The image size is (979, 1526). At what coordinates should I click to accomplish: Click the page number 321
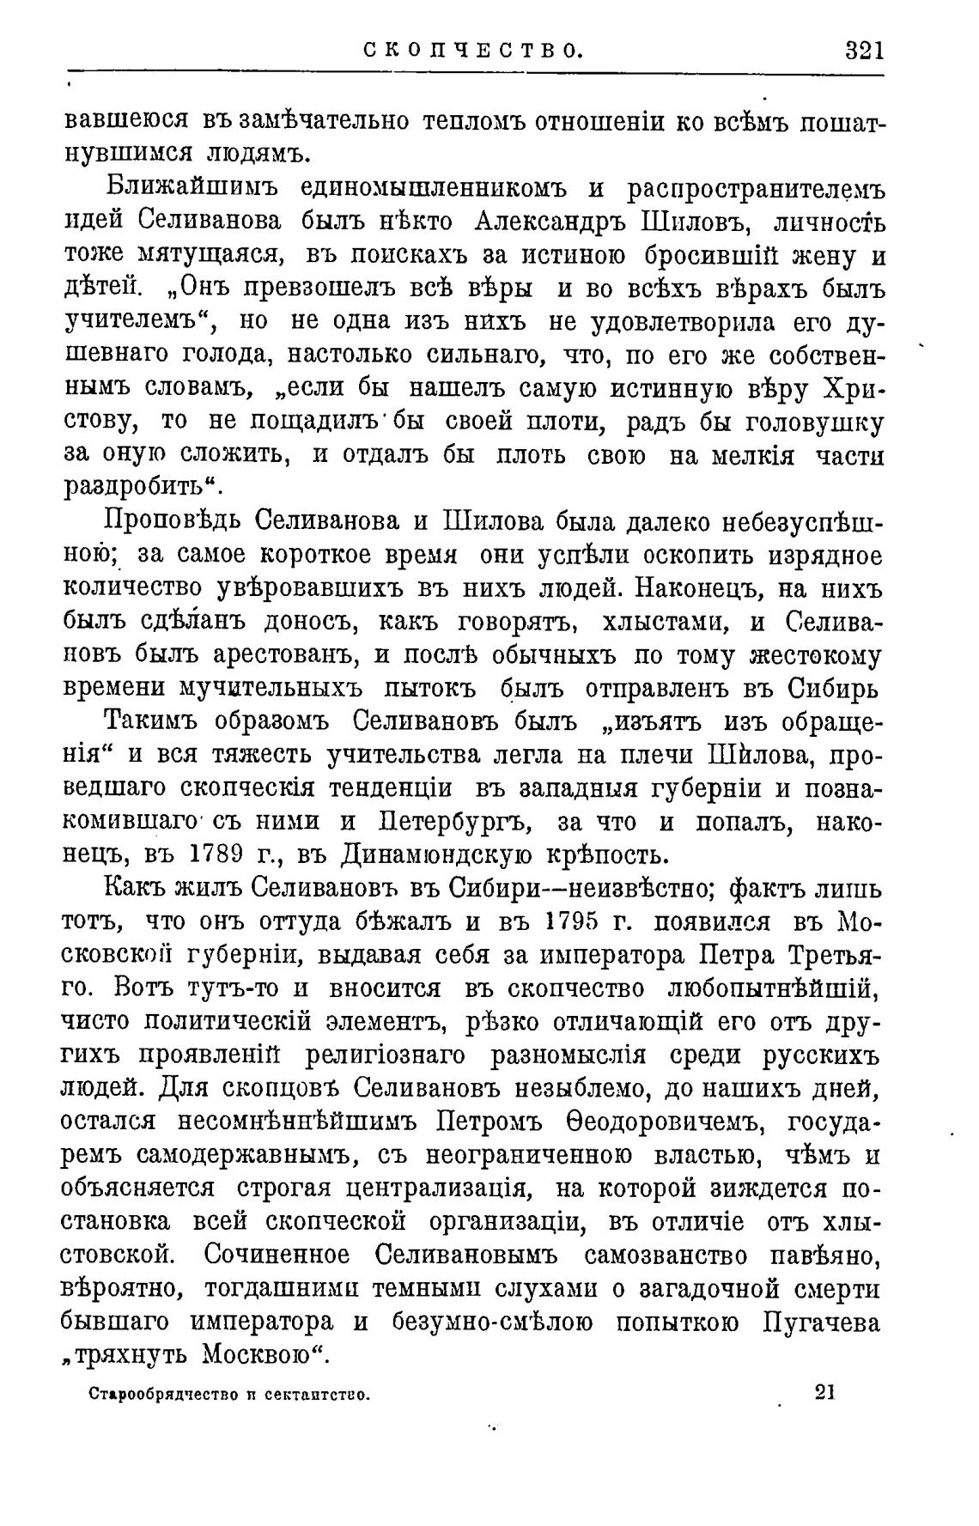[863, 50]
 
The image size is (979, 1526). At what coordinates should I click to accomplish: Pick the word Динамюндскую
[462, 855]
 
